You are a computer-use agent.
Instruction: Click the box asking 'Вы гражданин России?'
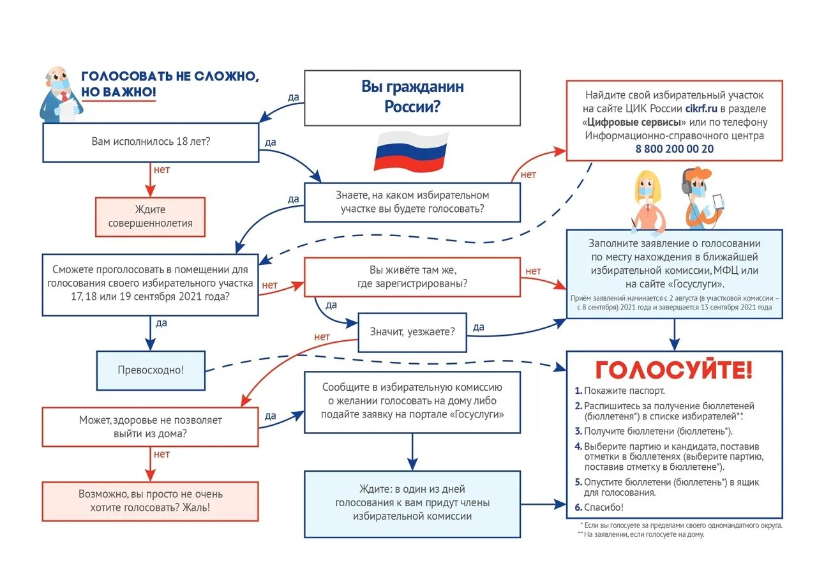click(412, 97)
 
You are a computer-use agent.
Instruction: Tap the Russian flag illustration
click(411, 151)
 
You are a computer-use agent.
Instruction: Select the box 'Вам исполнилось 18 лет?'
click(151, 142)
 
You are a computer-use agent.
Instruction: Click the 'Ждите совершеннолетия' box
click(151, 216)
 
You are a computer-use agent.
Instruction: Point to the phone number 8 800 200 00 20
click(674, 149)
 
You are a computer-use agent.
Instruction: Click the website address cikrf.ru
click(701, 109)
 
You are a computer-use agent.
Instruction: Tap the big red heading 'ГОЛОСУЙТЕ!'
click(674, 370)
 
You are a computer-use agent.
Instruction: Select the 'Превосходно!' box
click(151, 370)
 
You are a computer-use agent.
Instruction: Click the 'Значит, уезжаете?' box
click(412, 331)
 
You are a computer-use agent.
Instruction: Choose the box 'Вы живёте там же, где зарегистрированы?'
click(412, 277)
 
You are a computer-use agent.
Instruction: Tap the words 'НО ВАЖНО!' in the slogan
click(119, 92)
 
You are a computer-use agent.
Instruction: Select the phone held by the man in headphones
click(718, 202)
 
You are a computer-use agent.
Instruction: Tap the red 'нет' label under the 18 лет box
click(161, 170)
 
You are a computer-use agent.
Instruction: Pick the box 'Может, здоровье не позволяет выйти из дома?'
click(151, 427)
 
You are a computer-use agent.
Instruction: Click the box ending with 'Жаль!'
click(151, 501)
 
